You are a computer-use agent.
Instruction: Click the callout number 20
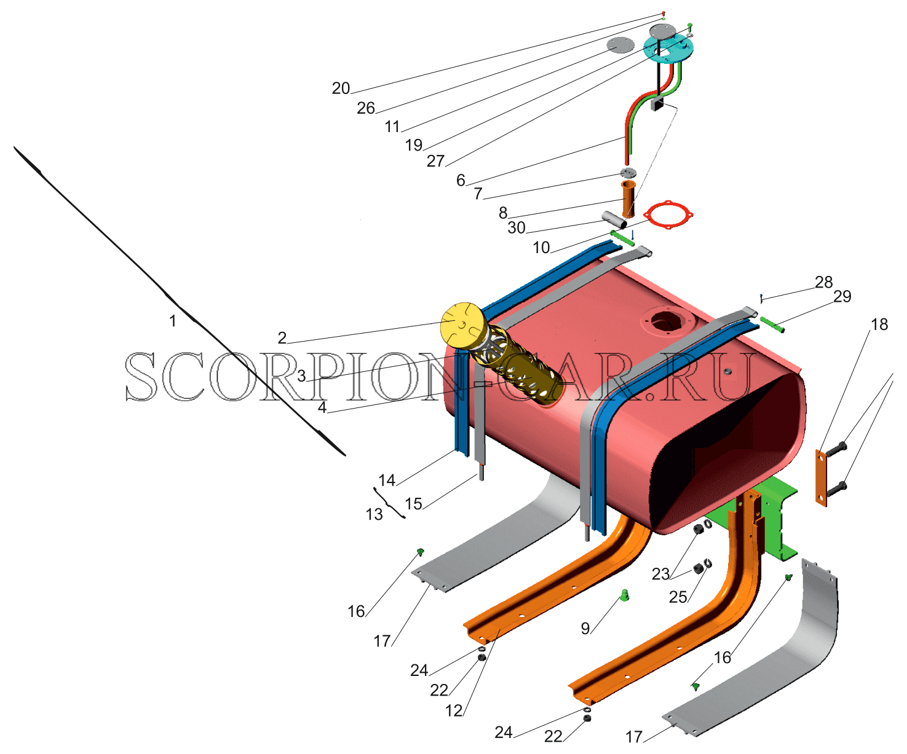coord(341,88)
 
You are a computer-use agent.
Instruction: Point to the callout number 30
coord(517,227)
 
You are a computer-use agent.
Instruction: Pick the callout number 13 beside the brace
coord(374,514)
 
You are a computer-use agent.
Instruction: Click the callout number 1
coord(173,321)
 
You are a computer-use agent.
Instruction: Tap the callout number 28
coord(823,282)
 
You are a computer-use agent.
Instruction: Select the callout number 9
coord(585,628)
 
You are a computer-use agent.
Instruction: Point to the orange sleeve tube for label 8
coord(628,199)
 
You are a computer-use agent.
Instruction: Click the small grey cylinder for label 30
coord(614,220)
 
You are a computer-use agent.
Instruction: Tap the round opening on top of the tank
coord(663,322)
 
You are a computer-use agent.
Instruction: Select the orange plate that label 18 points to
coord(820,477)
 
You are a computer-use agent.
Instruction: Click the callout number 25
coord(678,597)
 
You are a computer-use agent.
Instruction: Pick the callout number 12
coord(454,710)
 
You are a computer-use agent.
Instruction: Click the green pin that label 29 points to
coord(772,324)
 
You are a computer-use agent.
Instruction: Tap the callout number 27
coord(436,161)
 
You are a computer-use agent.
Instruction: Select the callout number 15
coord(414,503)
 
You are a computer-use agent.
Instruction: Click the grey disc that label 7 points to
coord(628,173)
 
